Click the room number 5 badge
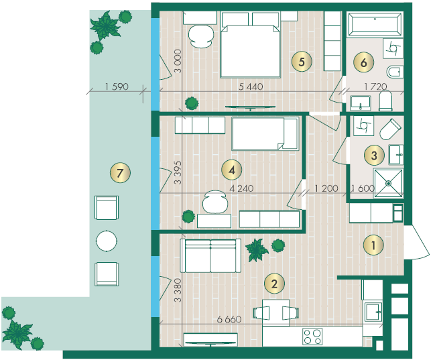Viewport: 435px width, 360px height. pyautogui.click(x=302, y=62)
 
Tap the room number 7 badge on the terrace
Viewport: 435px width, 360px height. pyautogui.click(x=120, y=173)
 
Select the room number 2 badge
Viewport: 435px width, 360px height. pyautogui.click(x=274, y=284)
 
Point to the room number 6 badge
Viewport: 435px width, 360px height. pyautogui.click(x=364, y=62)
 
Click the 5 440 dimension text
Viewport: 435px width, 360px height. pyautogui.click(x=251, y=86)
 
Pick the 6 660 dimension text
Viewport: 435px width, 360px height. pyautogui.click(x=229, y=319)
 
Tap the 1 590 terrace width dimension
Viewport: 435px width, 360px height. pyautogui.click(x=117, y=86)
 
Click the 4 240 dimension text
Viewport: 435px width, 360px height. pyautogui.click(x=241, y=188)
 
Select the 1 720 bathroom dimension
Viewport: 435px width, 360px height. pyautogui.click(x=375, y=86)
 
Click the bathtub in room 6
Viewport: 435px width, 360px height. pyautogui.click(x=375, y=24)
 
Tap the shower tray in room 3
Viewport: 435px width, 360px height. pyautogui.click(x=388, y=183)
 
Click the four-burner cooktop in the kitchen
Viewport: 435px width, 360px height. pyautogui.click(x=312, y=337)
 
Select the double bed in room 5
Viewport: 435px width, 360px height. pyautogui.click(x=250, y=45)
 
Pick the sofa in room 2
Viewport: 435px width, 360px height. pyautogui.click(x=210, y=255)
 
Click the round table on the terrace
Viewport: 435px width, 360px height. pyautogui.click(x=107, y=241)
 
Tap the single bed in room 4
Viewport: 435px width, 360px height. pyautogui.click(x=265, y=134)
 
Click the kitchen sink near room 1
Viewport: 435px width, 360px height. pyautogui.click(x=373, y=312)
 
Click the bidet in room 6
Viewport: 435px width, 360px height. pyautogui.click(x=395, y=72)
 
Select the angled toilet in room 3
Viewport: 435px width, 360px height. pyautogui.click(x=390, y=129)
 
